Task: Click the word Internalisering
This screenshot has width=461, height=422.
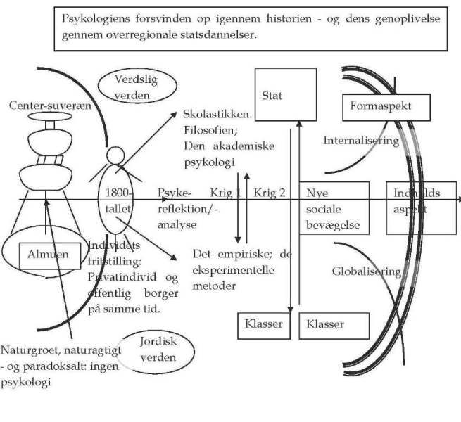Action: pyautogui.click(x=361, y=141)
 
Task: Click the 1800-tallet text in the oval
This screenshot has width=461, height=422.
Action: pyautogui.click(x=114, y=201)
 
